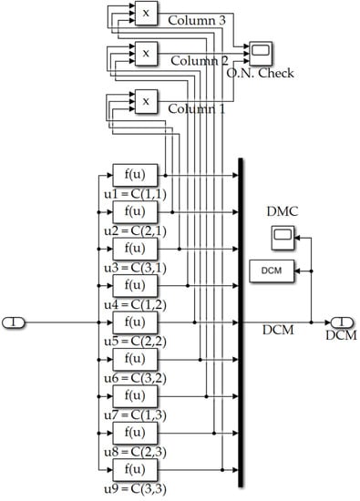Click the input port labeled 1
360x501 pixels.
17,322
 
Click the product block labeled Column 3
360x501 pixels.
144,12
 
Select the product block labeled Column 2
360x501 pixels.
144,54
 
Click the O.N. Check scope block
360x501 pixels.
259,50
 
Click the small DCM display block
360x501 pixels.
272,271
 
